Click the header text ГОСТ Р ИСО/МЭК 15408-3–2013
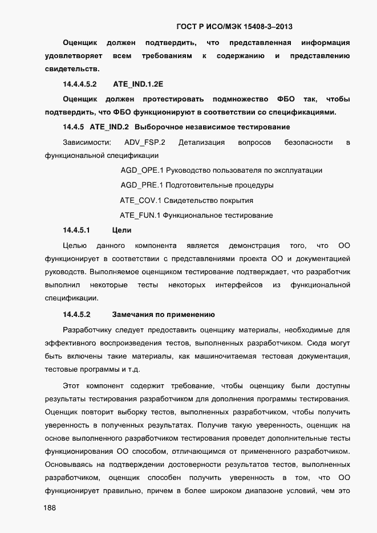pyautogui.click(x=234, y=26)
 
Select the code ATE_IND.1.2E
pyautogui.click(x=138, y=84)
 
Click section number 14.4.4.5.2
pyautogui.click(x=79, y=84)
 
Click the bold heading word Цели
pyautogui.click(x=122, y=230)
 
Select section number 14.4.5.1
pyautogui.click(x=77, y=230)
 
